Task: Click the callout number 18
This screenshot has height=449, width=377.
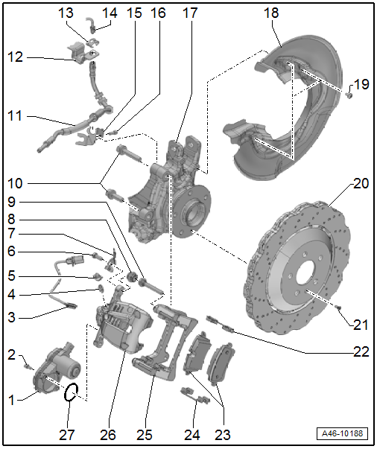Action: coord(271,13)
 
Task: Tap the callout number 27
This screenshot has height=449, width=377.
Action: coord(67,435)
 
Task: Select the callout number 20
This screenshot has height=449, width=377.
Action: coord(361,183)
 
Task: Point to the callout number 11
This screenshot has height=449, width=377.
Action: coord(15,116)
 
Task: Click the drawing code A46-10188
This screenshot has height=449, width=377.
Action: coord(342,433)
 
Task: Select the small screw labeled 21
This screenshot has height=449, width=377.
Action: coord(338,308)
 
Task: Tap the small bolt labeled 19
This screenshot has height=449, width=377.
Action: coord(349,95)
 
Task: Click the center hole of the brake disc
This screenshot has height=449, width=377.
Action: coord(305,276)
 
